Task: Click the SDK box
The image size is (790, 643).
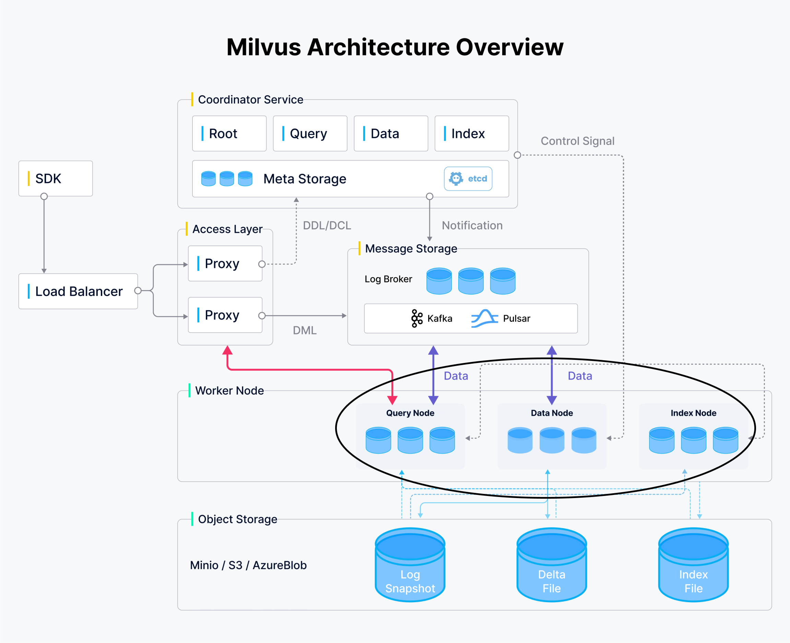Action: coord(56,179)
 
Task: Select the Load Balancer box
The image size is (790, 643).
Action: coord(78,291)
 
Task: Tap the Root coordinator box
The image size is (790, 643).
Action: coord(229,133)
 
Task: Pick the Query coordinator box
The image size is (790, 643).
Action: coord(310,133)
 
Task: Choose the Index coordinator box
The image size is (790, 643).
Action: coord(472,133)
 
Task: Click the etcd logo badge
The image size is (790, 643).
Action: coord(468,179)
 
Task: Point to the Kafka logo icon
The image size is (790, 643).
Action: coord(417,318)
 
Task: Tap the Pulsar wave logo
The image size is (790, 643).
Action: coord(484,318)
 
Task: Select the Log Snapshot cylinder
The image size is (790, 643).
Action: coord(410,565)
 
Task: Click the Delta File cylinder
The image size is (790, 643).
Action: coord(552,565)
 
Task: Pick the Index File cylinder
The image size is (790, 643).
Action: coord(693,565)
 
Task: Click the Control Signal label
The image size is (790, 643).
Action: coord(577,141)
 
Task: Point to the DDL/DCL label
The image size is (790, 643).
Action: coord(327,226)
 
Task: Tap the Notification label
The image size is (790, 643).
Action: coord(472,226)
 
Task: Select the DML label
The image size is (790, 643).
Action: coord(304,330)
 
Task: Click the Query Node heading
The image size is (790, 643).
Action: coord(410,413)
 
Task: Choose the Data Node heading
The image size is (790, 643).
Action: coord(552,413)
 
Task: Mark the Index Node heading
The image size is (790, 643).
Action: coord(693,413)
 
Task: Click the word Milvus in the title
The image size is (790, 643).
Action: coord(263,47)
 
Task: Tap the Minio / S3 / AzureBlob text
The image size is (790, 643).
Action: coord(248,565)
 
